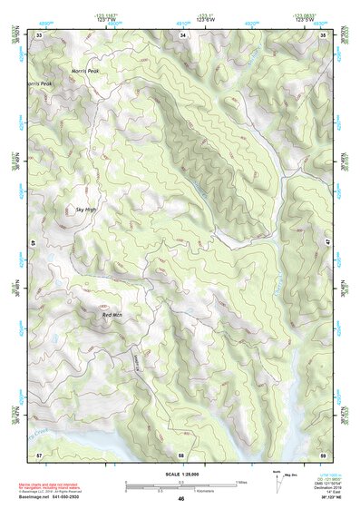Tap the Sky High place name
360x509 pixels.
[85, 210]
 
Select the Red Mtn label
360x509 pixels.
[112, 315]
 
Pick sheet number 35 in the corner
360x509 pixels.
[325, 34]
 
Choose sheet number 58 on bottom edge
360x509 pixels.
[181, 453]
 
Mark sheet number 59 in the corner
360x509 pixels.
[325, 453]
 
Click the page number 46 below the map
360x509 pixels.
[181, 498]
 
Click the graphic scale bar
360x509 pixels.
[181, 484]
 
